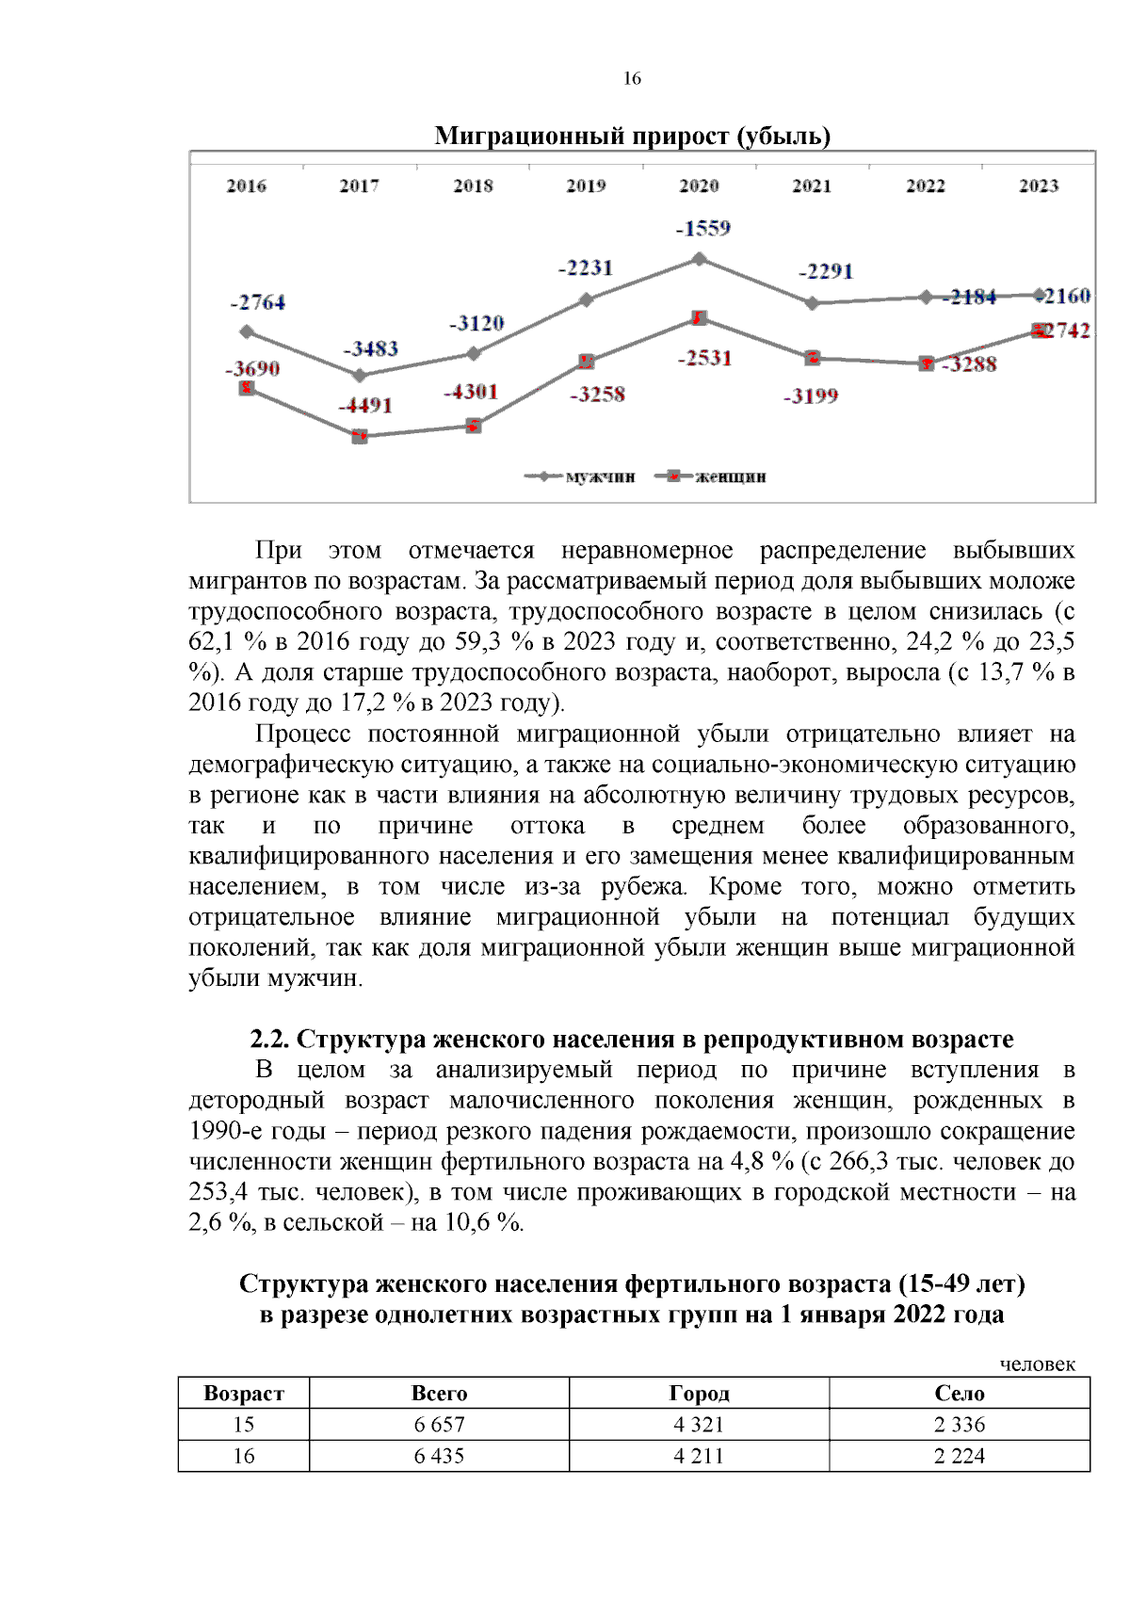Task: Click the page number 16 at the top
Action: pos(632,79)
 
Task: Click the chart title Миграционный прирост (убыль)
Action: pos(632,137)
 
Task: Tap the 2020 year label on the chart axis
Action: pos(699,186)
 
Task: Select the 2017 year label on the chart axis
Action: pos(359,186)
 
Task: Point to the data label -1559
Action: pos(703,229)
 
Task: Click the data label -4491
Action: pos(365,406)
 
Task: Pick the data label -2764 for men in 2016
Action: pos(257,303)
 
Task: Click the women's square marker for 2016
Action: pos(247,388)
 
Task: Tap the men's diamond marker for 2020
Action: pos(699,259)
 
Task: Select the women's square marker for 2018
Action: pos(474,426)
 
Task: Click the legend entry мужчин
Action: pos(600,477)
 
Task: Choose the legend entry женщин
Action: pos(730,477)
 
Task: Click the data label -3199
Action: pos(811,396)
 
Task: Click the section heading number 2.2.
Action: pos(270,1040)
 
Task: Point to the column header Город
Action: pos(699,1394)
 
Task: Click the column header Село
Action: pos(959,1394)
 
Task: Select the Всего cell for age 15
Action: pos(439,1425)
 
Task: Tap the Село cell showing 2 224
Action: pos(959,1456)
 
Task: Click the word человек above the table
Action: pos(1037,1364)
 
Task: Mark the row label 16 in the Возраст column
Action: pos(244,1456)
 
